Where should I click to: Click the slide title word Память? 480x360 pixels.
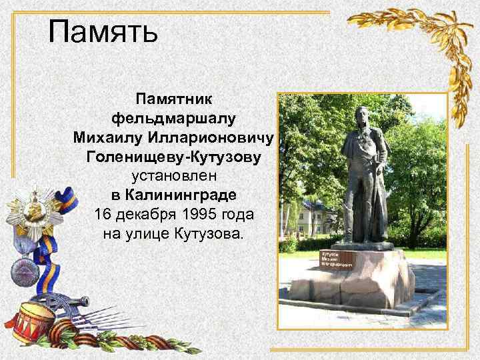[x=103, y=32]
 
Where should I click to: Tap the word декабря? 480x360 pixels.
[x=151, y=215]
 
